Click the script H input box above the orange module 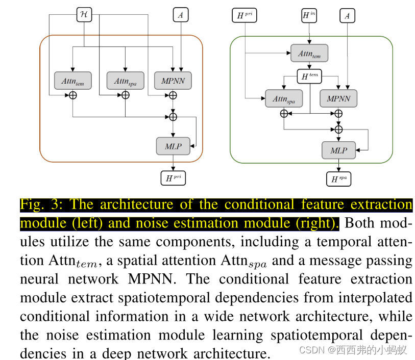(84, 15)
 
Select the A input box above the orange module (180, 15)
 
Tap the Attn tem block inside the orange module (72, 81)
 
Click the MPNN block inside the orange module (173, 81)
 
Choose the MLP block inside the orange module (173, 146)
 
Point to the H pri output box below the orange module (173, 178)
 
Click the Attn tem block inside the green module (309, 53)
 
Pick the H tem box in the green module (309, 76)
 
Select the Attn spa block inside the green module (284, 98)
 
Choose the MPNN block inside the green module (338, 98)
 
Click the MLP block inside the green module (338, 150)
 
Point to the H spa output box (338, 179)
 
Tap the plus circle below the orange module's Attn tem (72, 95)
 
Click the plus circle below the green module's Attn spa (284, 114)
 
